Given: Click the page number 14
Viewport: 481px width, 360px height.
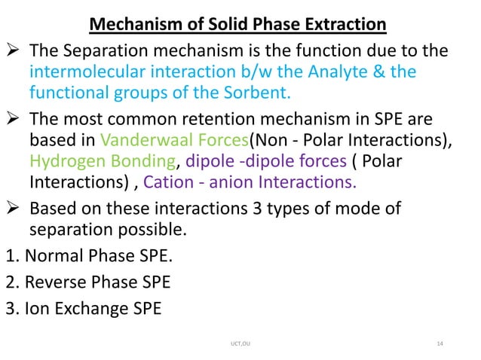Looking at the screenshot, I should [x=441, y=345].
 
